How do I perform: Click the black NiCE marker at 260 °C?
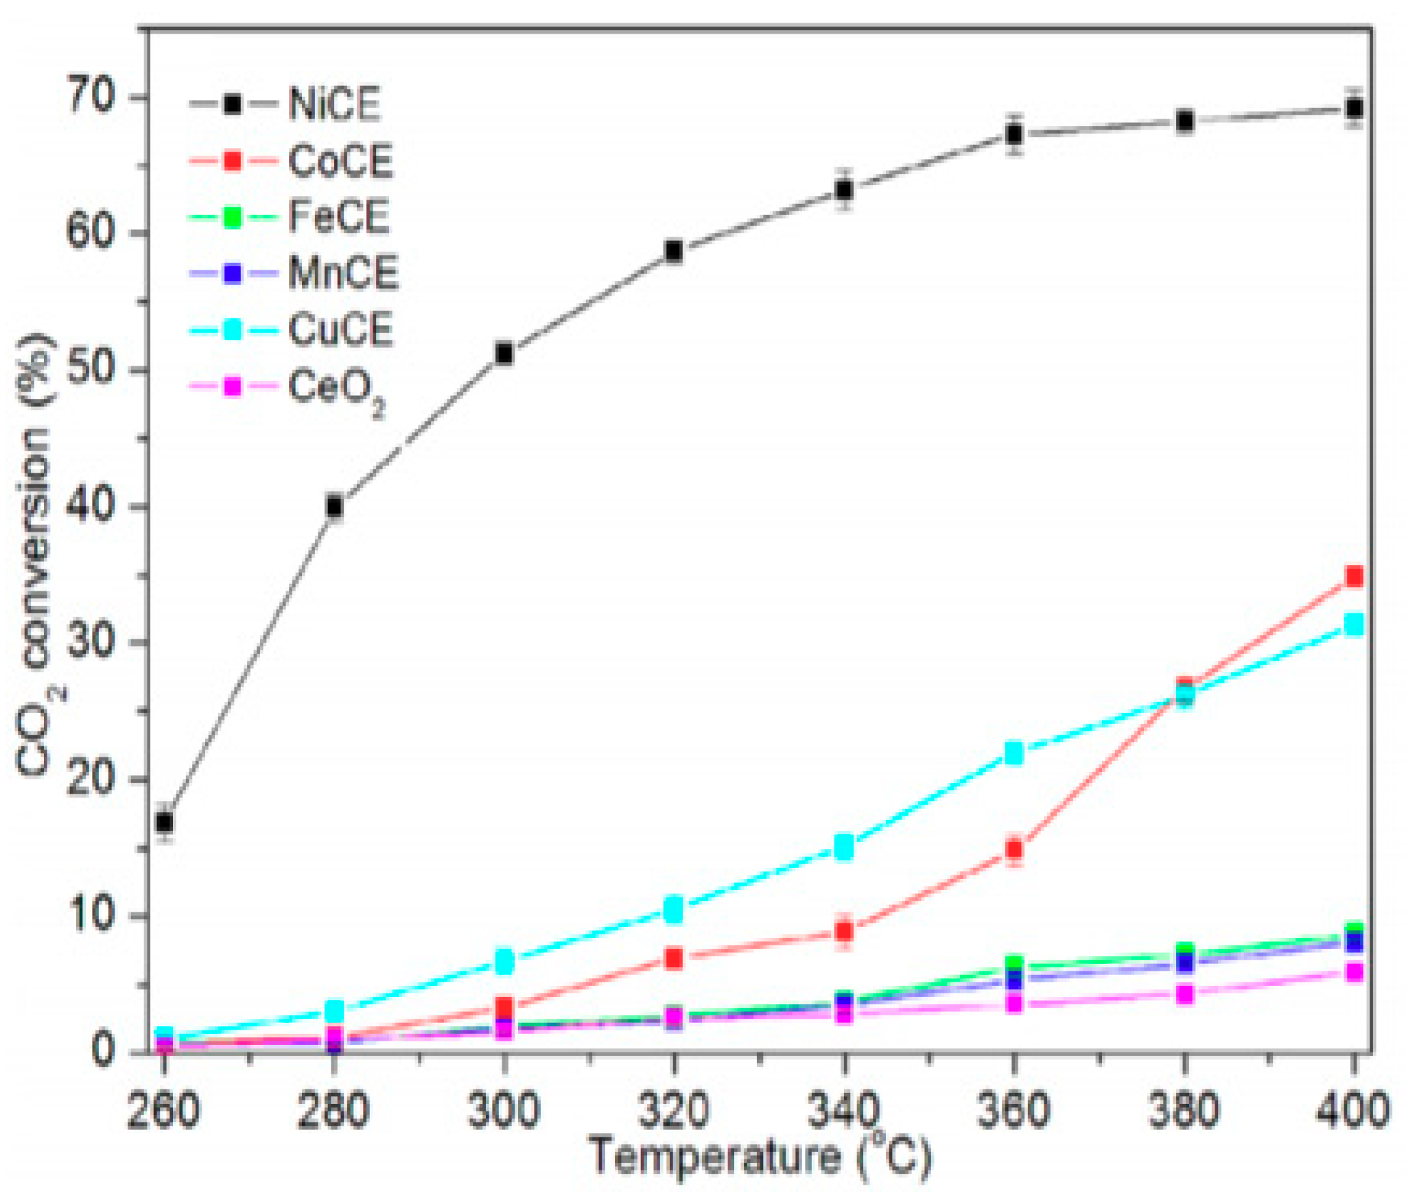click(164, 822)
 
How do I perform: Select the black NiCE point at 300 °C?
click(504, 354)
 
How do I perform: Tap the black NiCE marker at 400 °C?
click(1354, 108)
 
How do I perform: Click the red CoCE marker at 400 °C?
click(1354, 576)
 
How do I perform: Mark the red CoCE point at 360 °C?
click(1014, 849)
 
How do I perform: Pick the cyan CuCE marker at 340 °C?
click(844, 847)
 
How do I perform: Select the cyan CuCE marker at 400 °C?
click(1354, 624)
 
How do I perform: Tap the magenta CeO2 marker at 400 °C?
click(1354, 972)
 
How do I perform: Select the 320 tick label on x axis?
click(673, 1110)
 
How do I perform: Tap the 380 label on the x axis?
click(1184, 1110)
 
